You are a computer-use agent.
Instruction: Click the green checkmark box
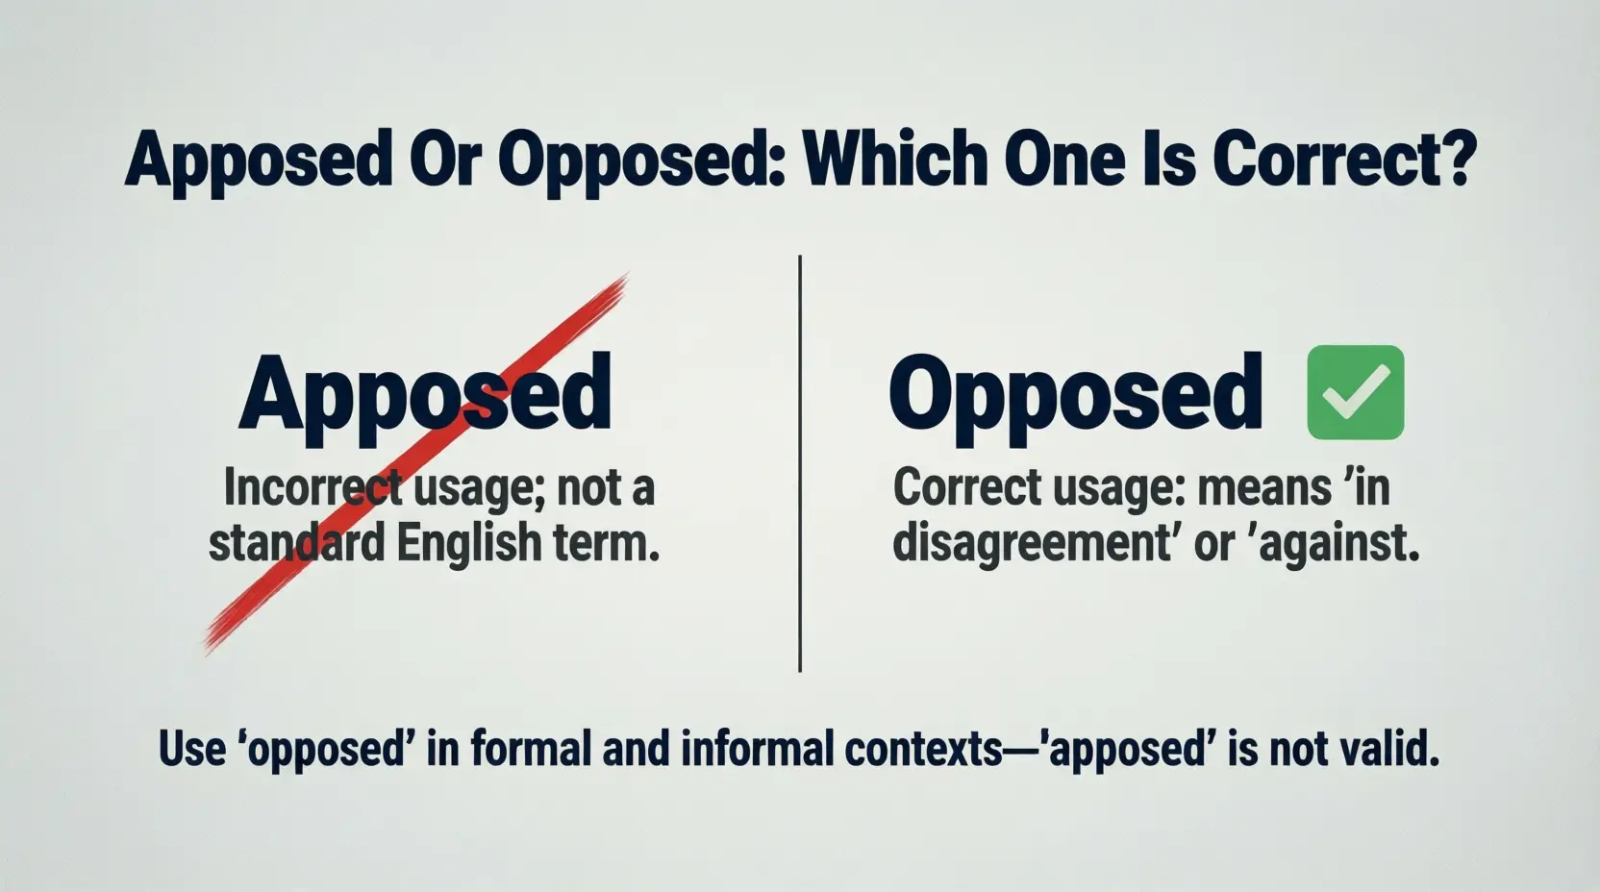[1355, 392]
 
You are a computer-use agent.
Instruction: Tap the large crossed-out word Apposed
[425, 395]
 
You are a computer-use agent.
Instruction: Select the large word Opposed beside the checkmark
[1075, 393]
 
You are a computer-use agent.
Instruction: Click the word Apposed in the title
[258, 162]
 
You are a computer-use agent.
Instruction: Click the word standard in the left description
[295, 542]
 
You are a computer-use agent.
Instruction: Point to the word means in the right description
[1262, 487]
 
